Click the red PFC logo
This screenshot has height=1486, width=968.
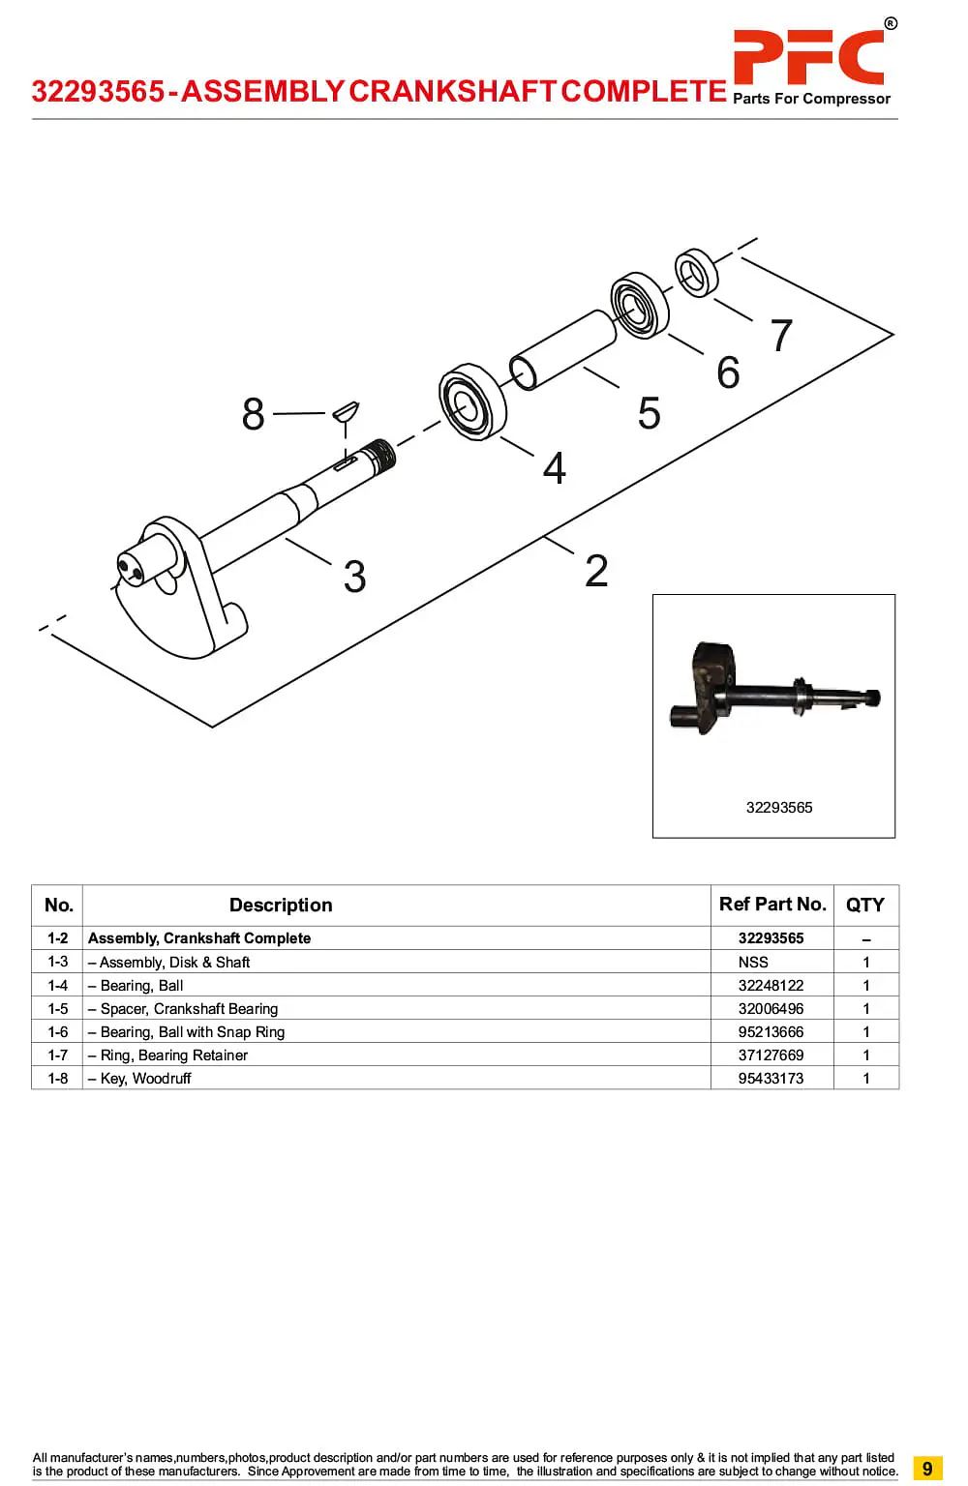click(x=808, y=57)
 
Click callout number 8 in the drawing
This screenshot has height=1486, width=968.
click(x=253, y=414)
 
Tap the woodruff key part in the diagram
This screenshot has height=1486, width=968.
click(x=346, y=411)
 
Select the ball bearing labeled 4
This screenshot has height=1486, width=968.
click(x=472, y=401)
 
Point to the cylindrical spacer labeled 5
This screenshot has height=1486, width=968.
click(x=563, y=349)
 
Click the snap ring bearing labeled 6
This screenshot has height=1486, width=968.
click(x=639, y=305)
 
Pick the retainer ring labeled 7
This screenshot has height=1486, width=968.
click(x=696, y=273)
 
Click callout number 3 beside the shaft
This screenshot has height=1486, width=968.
click(x=354, y=576)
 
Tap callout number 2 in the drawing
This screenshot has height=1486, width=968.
click(x=596, y=571)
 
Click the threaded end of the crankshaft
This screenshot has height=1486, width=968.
click(x=382, y=455)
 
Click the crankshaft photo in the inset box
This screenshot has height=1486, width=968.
click(x=775, y=689)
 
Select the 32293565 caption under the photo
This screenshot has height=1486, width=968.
click(x=779, y=808)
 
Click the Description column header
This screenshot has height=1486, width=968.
click(x=281, y=905)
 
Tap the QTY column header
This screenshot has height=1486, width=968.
click(x=865, y=905)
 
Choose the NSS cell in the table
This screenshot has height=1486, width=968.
click(x=753, y=962)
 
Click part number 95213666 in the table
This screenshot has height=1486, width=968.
click(x=771, y=1031)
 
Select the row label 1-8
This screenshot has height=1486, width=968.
click(x=58, y=1078)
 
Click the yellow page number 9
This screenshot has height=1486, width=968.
click(x=927, y=1468)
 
